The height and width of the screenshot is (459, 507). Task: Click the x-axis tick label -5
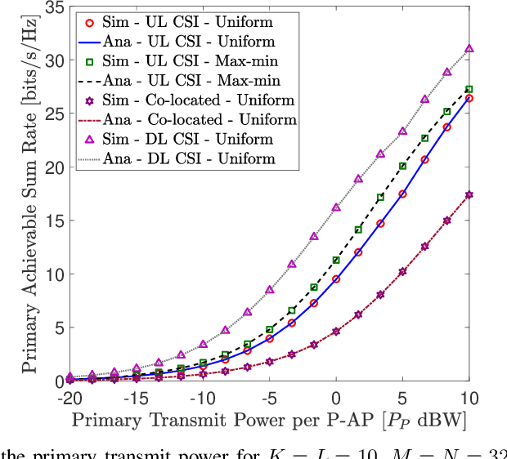click(x=270, y=399)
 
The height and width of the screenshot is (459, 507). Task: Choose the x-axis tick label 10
click(x=469, y=399)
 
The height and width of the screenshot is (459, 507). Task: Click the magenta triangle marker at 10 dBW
click(x=469, y=49)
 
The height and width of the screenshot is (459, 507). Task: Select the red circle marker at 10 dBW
click(x=469, y=98)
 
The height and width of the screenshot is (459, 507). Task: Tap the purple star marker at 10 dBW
click(x=469, y=194)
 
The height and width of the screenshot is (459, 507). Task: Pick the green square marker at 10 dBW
click(x=469, y=89)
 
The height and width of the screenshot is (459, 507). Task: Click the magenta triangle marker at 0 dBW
click(x=336, y=207)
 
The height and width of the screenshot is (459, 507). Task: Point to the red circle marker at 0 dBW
click(x=336, y=279)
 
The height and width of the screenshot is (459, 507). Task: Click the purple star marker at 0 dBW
click(x=336, y=332)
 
